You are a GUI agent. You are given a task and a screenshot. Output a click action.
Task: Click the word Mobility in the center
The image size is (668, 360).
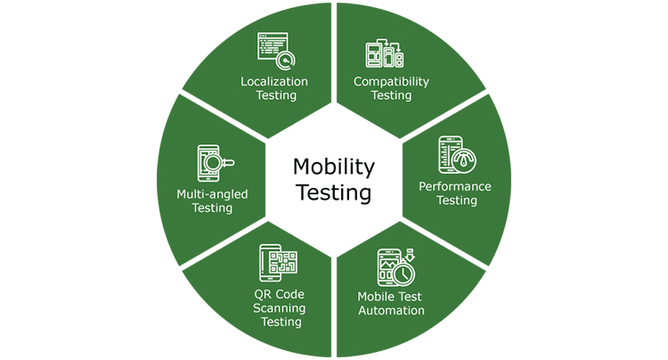334,167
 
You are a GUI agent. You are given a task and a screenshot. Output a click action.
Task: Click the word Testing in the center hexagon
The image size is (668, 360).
334,192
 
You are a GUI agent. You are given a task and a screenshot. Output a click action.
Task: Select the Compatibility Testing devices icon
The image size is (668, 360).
385,53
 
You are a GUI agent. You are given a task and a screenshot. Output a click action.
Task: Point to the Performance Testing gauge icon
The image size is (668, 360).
456,155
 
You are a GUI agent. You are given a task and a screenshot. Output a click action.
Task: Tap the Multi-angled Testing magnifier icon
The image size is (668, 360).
215,163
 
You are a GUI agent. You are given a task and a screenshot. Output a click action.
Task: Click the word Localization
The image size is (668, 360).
274,81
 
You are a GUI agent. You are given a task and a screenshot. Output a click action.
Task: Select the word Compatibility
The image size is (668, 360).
391,81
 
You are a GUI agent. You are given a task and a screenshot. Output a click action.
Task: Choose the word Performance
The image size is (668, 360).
455,186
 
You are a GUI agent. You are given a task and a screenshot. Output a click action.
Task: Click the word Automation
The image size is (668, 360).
391,311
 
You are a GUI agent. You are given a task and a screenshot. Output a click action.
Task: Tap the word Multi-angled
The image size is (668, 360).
212,193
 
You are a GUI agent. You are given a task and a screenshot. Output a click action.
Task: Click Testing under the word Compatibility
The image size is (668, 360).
391,95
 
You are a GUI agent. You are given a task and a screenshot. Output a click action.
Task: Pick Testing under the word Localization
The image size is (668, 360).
274,95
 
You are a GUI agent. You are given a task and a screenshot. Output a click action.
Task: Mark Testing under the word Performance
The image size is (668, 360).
455,200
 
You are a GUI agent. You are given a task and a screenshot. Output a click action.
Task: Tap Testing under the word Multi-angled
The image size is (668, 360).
212,208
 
